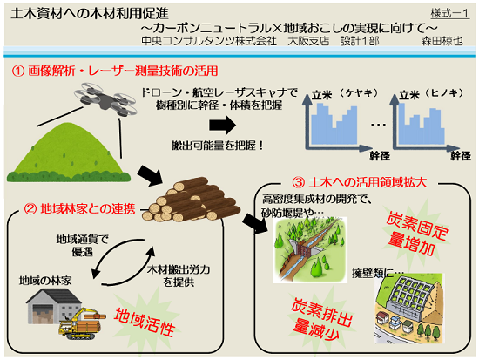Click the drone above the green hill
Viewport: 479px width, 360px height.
pos(105,99)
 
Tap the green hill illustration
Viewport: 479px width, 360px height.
pos(69,153)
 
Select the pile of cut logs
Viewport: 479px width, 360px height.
pos(192,200)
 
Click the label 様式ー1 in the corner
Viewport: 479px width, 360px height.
pos(450,13)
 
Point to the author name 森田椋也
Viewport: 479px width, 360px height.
pos(442,41)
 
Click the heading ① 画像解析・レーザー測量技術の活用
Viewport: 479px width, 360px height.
pos(115,71)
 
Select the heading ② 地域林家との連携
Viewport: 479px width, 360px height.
pos(80,209)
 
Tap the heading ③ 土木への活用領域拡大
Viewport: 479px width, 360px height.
pos(359,182)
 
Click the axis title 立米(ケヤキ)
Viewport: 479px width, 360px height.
pos(345,94)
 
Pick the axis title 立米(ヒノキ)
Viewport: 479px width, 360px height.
pos(432,94)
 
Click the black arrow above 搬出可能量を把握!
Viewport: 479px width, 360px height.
pos(223,126)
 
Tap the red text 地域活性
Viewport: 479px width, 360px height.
pos(145,322)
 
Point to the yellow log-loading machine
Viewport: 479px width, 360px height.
pos(83,323)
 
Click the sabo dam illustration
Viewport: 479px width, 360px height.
pos(310,249)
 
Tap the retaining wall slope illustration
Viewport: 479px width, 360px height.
pos(409,309)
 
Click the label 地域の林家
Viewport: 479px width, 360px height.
pos(45,281)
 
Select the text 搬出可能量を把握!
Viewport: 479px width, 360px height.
pos(218,146)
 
